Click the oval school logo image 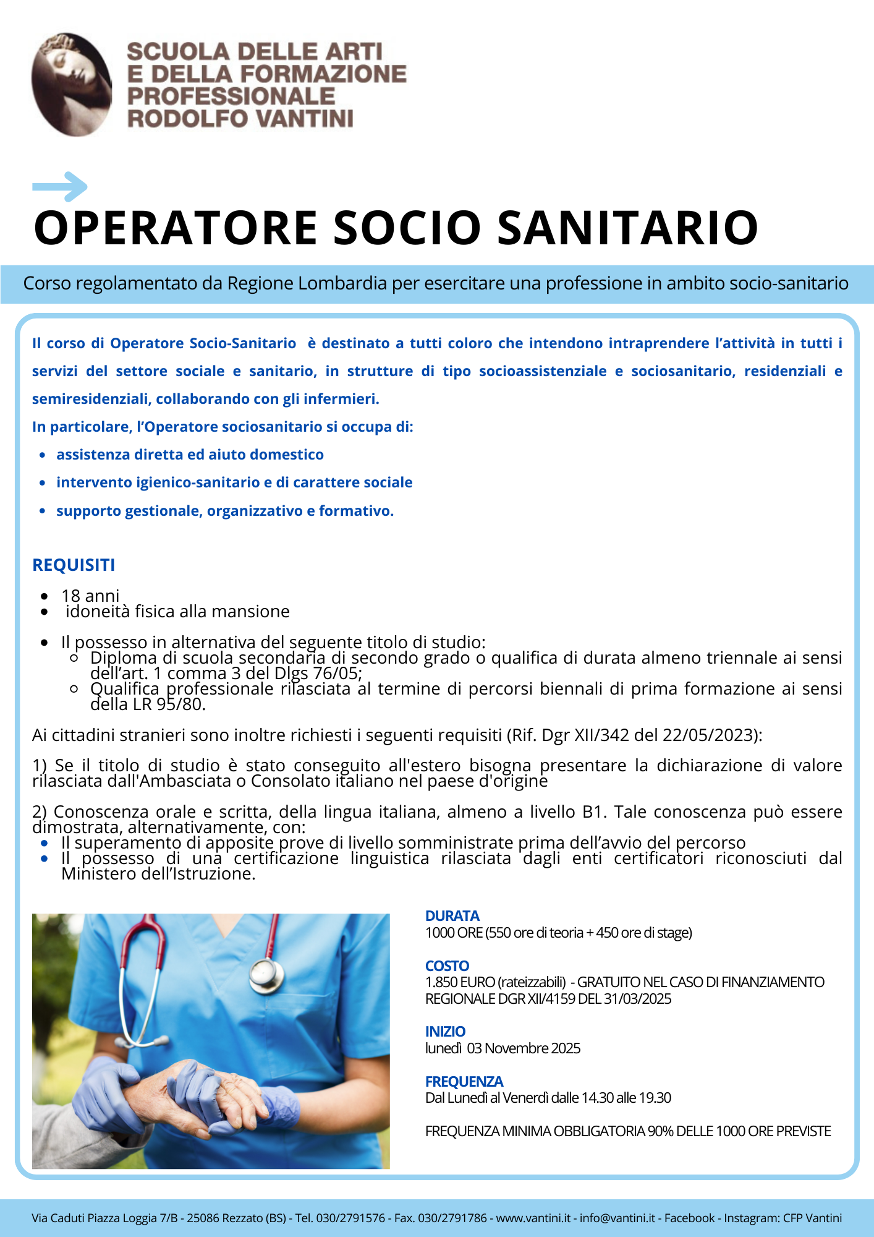[x=72, y=84]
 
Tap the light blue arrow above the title [x=60, y=186]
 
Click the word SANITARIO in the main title [x=627, y=228]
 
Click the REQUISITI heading [x=74, y=565]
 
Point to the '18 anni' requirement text [x=90, y=596]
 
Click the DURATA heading [x=452, y=916]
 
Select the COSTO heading [x=447, y=965]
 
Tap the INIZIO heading [x=445, y=1032]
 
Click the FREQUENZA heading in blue [x=464, y=1081]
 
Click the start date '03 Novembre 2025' [x=524, y=1048]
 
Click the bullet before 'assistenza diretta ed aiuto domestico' [x=43, y=455]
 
